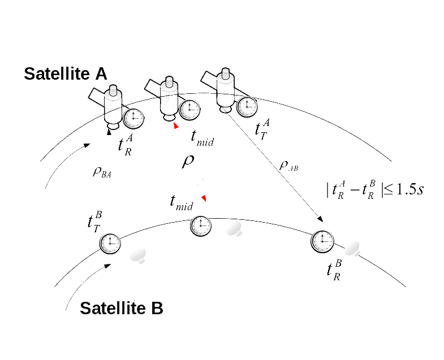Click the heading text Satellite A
pos(66,73)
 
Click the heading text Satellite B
pos(122,308)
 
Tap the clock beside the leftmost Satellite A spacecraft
pos(133,118)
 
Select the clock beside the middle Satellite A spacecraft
pos(189,110)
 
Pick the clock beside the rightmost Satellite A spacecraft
pos(247,106)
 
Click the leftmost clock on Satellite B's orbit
pos(110,243)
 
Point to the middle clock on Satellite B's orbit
pos(201,225)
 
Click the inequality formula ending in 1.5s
pos(375,189)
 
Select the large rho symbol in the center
pos(188,161)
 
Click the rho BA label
pos(102,172)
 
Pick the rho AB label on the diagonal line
pos(288,166)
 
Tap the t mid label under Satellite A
pos(202,138)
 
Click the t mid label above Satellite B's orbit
pos(182,202)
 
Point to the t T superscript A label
pos(262,128)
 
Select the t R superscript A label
pos(125,145)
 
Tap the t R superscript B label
pos(335,269)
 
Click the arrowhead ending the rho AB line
pos(321,220)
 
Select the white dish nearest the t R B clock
pos(352,248)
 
